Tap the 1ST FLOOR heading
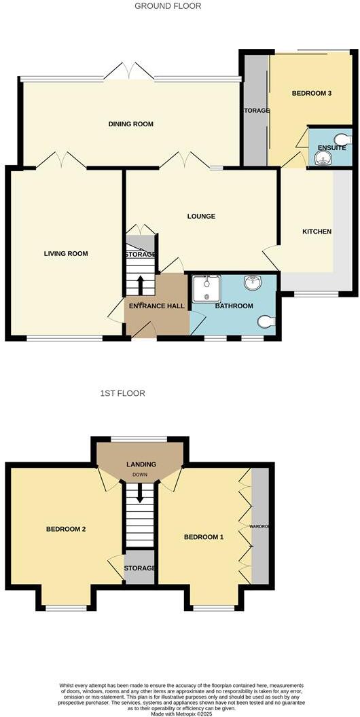pos(122,393)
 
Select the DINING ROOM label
pos(131,124)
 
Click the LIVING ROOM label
pos(66,254)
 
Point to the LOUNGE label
pos(202,217)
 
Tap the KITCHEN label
pos(317,232)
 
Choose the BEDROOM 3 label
pos(312,93)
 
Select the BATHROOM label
pos(234,306)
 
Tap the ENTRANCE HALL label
pos(156,306)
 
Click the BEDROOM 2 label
pos(65,529)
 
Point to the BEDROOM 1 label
pos(204,537)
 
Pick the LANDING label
pos(141,464)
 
